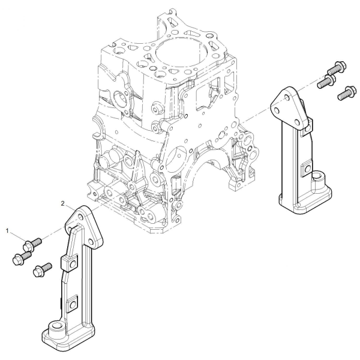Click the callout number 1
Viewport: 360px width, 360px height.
(x=7, y=230)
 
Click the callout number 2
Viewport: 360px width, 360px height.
(x=62, y=203)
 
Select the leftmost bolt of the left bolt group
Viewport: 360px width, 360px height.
(x=22, y=258)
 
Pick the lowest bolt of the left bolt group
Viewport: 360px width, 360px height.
(x=43, y=270)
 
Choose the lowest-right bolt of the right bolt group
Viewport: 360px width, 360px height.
(x=347, y=92)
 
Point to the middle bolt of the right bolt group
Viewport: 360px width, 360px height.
(x=326, y=81)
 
